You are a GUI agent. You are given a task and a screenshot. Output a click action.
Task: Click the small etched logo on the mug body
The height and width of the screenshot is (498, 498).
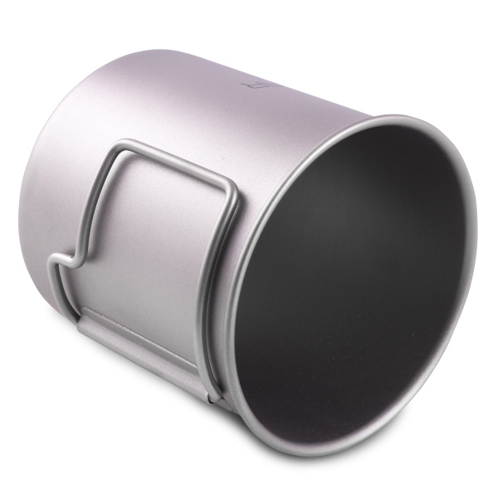(x=251, y=84)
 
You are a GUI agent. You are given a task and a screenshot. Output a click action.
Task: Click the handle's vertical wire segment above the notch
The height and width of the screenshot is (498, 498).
(x=100, y=199)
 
